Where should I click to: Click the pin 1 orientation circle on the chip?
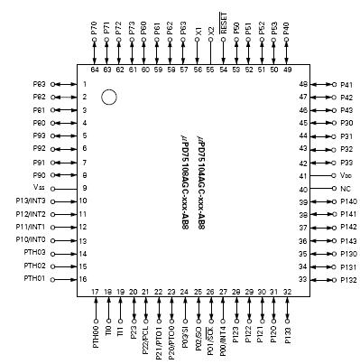pyautogui.click(x=108, y=97)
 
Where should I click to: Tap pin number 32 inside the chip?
pyautogui.click(x=288, y=292)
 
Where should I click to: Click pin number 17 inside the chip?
pyautogui.click(x=96, y=292)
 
